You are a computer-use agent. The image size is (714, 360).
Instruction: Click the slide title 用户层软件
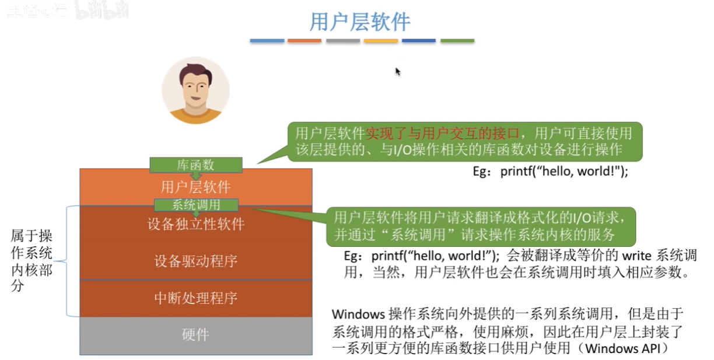click(x=359, y=22)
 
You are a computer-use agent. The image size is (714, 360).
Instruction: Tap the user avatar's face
click(x=195, y=88)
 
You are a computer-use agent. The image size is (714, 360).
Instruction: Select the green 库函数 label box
click(x=195, y=165)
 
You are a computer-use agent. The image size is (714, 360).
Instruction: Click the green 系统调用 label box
click(x=196, y=205)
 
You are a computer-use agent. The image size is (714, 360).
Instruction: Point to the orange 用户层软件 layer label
click(x=195, y=187)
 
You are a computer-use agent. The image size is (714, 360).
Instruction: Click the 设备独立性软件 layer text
click(x=195, y=224)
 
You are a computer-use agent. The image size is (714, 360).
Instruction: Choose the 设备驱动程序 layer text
click(x=195, y=261)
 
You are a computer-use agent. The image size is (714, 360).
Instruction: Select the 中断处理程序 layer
click(x=195, y=299)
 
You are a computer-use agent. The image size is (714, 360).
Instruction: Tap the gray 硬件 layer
click(x=195, y=335)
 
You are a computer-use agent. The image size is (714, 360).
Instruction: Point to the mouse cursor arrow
click(x=397, y=71)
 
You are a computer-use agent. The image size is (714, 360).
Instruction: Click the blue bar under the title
click(x=267, y=41)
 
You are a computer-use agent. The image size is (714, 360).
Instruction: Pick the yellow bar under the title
click(x=380, y=41)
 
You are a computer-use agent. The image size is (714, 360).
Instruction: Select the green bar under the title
click(x=457, y=41)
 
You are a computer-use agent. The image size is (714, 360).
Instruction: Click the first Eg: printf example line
click(x=550, y=172)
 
